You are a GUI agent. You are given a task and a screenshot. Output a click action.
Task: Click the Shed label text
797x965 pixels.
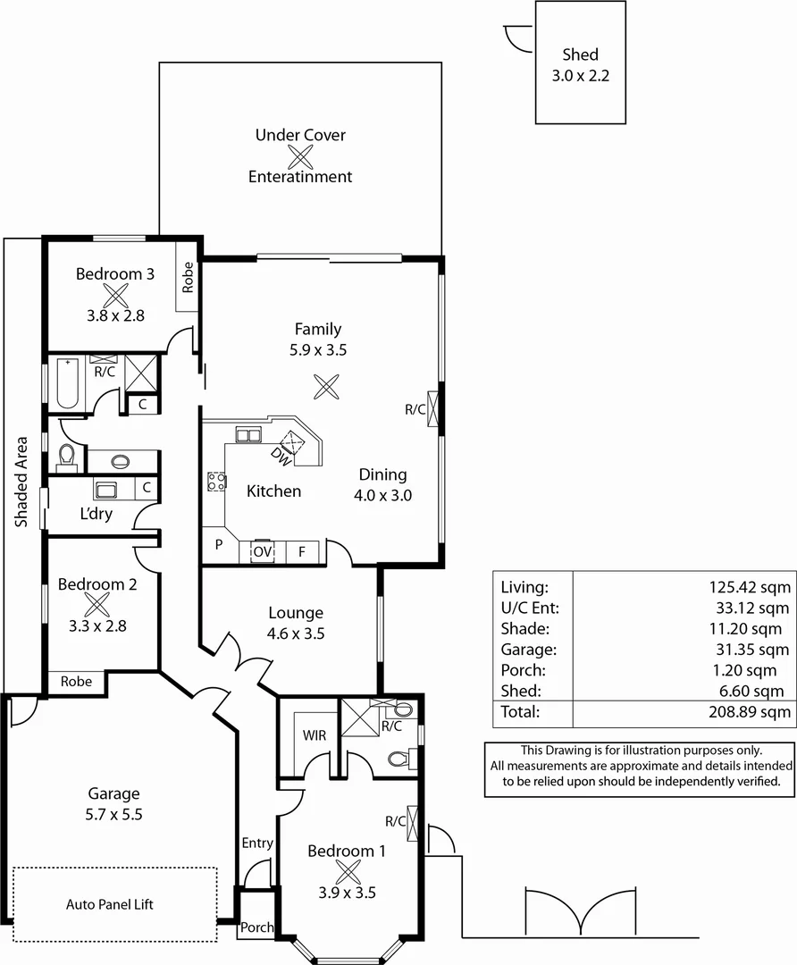(x=581, y=55)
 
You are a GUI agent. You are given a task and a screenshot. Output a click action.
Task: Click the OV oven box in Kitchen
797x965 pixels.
(x=262, y=552)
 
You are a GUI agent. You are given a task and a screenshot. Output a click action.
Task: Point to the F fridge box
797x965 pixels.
(x=302, y=552)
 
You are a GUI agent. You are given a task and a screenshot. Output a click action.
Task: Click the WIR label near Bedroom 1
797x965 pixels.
(x=314, y=735)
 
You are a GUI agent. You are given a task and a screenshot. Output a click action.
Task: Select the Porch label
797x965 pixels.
(x=256, y=927)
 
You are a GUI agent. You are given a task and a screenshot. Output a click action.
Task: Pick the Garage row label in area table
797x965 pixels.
(x=529, y=650)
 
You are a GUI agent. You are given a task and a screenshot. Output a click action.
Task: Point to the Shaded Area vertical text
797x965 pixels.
(x=21, y=482)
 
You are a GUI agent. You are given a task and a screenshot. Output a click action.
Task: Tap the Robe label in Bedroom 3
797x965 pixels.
(x=188, y=278)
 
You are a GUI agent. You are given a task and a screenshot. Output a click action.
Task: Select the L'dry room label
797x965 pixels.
(x=96, y=516)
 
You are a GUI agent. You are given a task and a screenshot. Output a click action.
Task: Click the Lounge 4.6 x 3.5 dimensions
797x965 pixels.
(x=296, y=634)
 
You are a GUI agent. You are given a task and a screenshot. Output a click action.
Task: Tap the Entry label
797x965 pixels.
(x=257, y=843)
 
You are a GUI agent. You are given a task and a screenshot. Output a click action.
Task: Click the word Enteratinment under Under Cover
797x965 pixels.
(x=300, y=177)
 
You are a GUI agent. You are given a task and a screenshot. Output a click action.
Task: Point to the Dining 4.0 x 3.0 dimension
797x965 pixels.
(x=382, y=495)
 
